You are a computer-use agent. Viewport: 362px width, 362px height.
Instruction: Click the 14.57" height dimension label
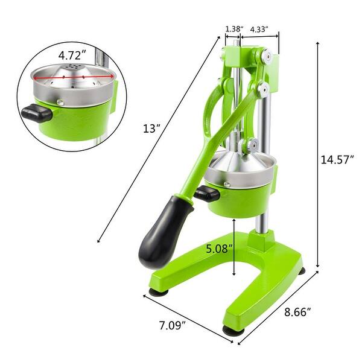[337, 159]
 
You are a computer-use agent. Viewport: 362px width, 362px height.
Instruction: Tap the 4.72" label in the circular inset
[72, 55]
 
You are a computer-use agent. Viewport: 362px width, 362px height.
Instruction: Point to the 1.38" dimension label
[233, 28]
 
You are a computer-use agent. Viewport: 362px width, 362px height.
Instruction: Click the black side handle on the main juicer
[206, 194]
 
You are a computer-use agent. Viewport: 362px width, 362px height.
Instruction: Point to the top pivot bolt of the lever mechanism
[264, 57]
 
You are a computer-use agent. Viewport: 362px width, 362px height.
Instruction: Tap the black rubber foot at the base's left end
[159, 293]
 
